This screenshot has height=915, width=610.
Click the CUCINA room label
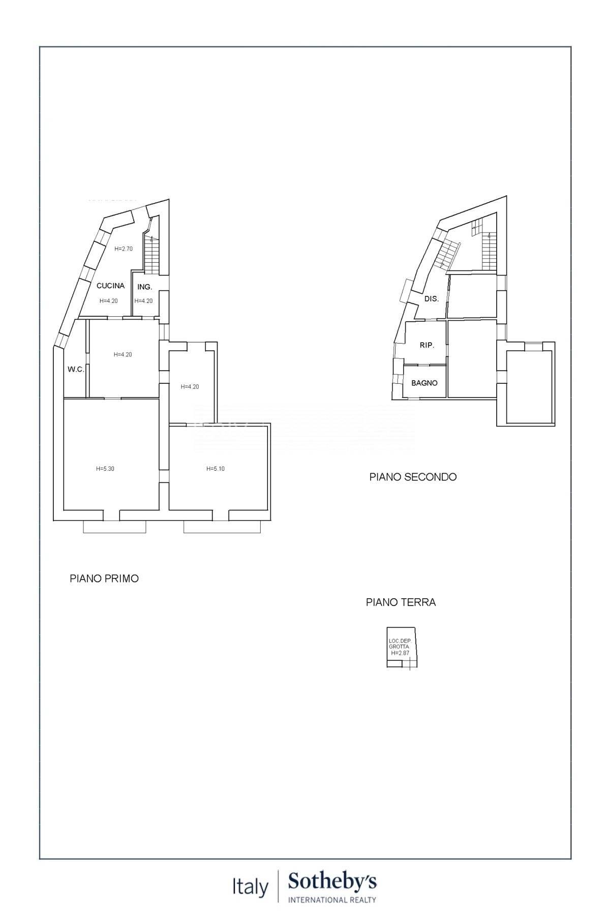[x=110, y=286]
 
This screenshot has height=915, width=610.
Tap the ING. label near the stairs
[x=144, y=287]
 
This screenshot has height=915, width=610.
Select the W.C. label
[x=76, y=370]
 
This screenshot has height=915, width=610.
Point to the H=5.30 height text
[x=105, y=469]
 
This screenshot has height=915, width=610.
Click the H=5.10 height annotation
[x=216, y=469]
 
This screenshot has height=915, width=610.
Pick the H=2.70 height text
[x=123, y=249]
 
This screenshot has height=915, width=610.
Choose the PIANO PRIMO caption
[x=104, y=578]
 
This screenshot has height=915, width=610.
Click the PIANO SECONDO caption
[x=413, y=477]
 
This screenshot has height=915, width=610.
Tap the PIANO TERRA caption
[x=401, y=602]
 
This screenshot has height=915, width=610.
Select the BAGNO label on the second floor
[x=424, y=383]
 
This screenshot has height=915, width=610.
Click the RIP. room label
[x=426, y=345]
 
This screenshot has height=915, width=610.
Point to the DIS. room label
[x=431, y=299]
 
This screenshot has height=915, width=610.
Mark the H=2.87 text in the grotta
[x=400, y=653]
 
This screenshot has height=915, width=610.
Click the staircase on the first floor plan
[x=152, y=257]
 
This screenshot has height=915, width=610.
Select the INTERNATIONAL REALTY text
[x=332, y=900]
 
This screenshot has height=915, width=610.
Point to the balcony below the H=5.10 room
[x=222, y=527]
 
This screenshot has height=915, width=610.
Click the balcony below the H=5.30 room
[x=114, y=527]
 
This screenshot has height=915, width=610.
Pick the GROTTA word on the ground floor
[x=399, y=647]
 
